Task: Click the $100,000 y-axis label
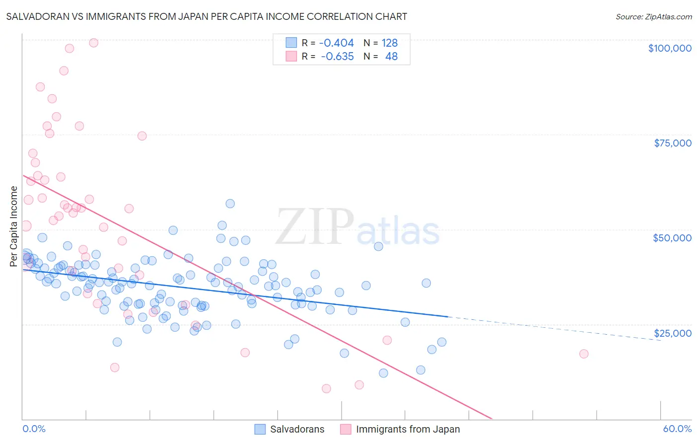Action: pyautogui.click(x=669, y=48)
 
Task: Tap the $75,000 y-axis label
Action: pyautogui.click(x=672, y=143)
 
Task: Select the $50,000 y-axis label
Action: pyautogui.click(x=672, y=238)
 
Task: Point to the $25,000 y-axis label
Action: pyautogui.click(x=672, y=333)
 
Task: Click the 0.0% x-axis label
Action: pyautogui.click(x=34, y=429)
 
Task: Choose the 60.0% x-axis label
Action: pyautogui.click(x=677, y=429)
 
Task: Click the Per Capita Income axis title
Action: pyautogui.click(x=14, y=226)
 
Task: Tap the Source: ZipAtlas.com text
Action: pyautogui.click(x=653, y=16)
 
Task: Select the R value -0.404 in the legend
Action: pyautogui.click(x=336, y=43)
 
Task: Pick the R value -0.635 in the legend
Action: pyautogui.click(x=337, y=57)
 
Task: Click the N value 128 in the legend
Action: pyautogui.click(x=389, y=43)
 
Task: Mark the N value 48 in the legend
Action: pyautogui.click(x=391, y=57)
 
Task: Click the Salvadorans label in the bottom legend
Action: pyautogui.click(x=297, y=429)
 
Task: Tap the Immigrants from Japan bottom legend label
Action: pyautogui.click(x=408, y=429)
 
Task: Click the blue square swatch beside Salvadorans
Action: pyautogui.click(x=260, y=429)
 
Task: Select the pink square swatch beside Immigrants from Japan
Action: pyautogui.click(x=346, y=429)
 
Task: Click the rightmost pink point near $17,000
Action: pyautogui.click(x=584, y=354)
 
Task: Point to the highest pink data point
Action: pyautogui.click(x=93, y=43)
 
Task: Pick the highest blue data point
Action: pyautogui.click(x=230, y=204)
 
